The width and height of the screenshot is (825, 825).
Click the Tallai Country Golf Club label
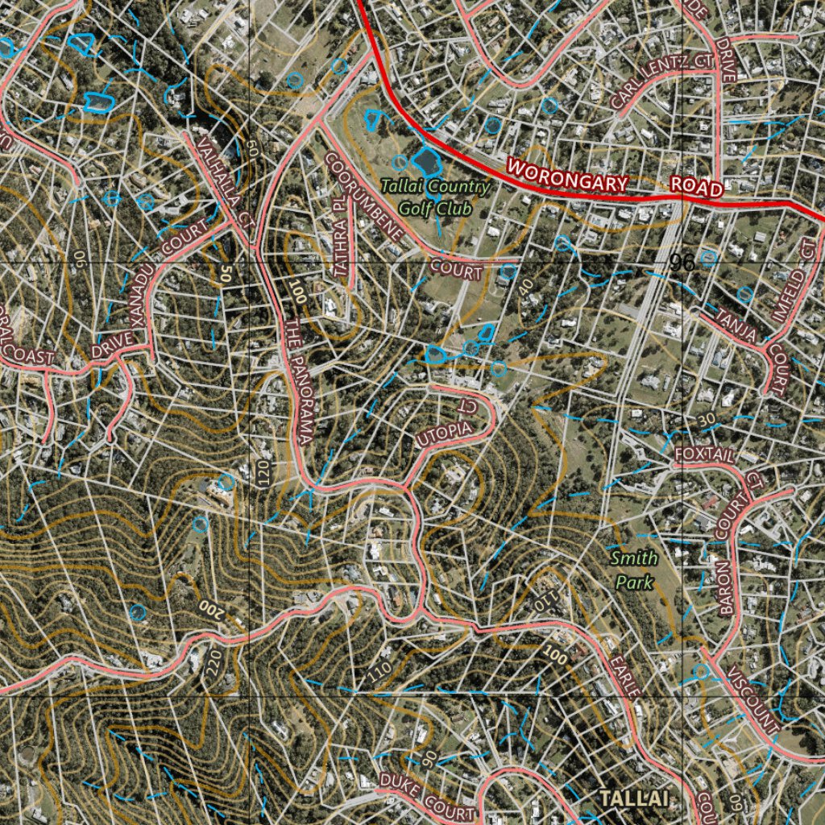435,197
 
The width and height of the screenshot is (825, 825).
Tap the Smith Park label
634,569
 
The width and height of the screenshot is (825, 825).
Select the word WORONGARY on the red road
566,176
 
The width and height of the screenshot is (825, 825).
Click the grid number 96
682,263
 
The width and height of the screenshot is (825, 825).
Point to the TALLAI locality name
634,798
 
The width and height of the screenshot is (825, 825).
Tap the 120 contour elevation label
263,473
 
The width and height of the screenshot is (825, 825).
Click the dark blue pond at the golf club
425,161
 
